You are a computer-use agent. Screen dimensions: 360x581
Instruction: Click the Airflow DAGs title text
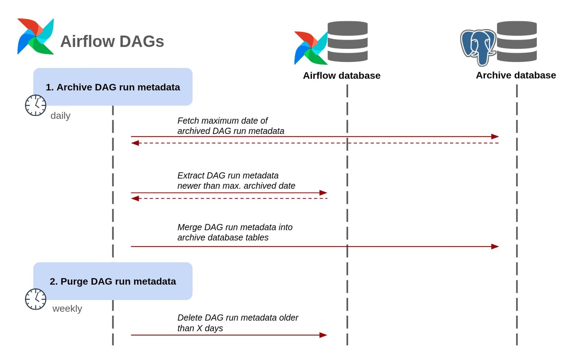pyautogui.click(x=112, y=41)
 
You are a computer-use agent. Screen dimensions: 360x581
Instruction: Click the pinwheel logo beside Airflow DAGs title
pyautogui.click(x=36, y=37)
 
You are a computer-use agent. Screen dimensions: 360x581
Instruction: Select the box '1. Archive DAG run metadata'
pyautogui.click(x=113, y=87)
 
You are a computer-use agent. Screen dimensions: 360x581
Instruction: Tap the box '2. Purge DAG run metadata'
pyautogui.click(x=113, y=281)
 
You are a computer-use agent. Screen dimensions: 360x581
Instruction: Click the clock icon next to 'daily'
pyautogui.click(x=36, y=105)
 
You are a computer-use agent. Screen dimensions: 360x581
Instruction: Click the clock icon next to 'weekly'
pyautogui.click(x=36, y=299)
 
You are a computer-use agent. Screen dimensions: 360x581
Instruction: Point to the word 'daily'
pyautogui.click(x=60, y=116)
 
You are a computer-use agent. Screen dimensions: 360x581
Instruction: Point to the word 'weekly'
pyautogui.click(x=67, y=308)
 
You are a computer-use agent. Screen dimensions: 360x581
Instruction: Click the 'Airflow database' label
pyautogui.click(x=341, y=75)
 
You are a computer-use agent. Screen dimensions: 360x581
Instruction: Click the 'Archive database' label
pyautogui.click(x=516, y=75)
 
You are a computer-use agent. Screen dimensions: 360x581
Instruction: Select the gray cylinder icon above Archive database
pyautogui.click(x=516, y=41)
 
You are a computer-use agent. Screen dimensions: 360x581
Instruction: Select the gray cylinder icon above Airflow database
pyautogui.click(x=348, y=41)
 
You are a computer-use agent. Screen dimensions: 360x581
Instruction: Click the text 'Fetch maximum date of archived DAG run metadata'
pyautogui.click(x=231, y=126)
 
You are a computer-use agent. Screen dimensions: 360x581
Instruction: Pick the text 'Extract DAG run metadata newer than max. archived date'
pyautogui.click(x=236, y=180)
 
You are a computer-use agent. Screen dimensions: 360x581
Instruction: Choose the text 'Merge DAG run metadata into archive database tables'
pyautogui.click(x=235, y=232)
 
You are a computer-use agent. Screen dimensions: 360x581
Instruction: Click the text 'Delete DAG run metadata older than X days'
pyautogui.click(x=237, y=323)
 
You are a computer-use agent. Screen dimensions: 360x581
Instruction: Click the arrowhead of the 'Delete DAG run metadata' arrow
pyautogui.click(x=323, y=335)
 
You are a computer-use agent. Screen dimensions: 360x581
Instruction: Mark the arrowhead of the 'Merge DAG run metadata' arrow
pyautogui.click(x=495, y=246)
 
